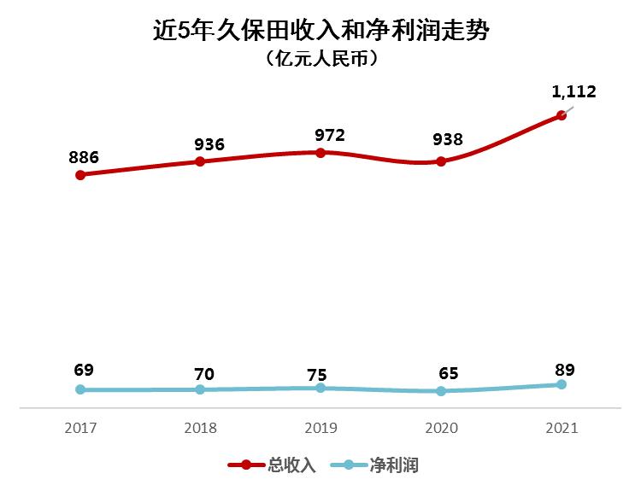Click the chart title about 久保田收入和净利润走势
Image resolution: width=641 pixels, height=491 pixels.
(x=320, y=32)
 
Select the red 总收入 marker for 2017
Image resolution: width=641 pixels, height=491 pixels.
(x=80, y=175)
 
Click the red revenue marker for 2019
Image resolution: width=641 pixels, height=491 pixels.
(x=320, y=153)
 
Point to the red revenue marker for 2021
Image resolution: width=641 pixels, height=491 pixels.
(x=562, y=115)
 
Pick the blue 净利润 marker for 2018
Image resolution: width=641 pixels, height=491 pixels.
(x=200, y=389)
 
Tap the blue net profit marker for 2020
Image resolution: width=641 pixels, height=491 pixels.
(x=441, y=391)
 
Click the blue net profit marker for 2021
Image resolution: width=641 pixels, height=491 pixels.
(x=562, y=384)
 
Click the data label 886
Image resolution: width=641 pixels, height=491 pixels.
(x=84, y=157)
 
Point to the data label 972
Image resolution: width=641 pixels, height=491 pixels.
(x=329, y=135)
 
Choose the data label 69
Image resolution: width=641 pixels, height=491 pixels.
(x=83, y=370)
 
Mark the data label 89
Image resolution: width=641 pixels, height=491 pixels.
(x=564, y=370)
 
